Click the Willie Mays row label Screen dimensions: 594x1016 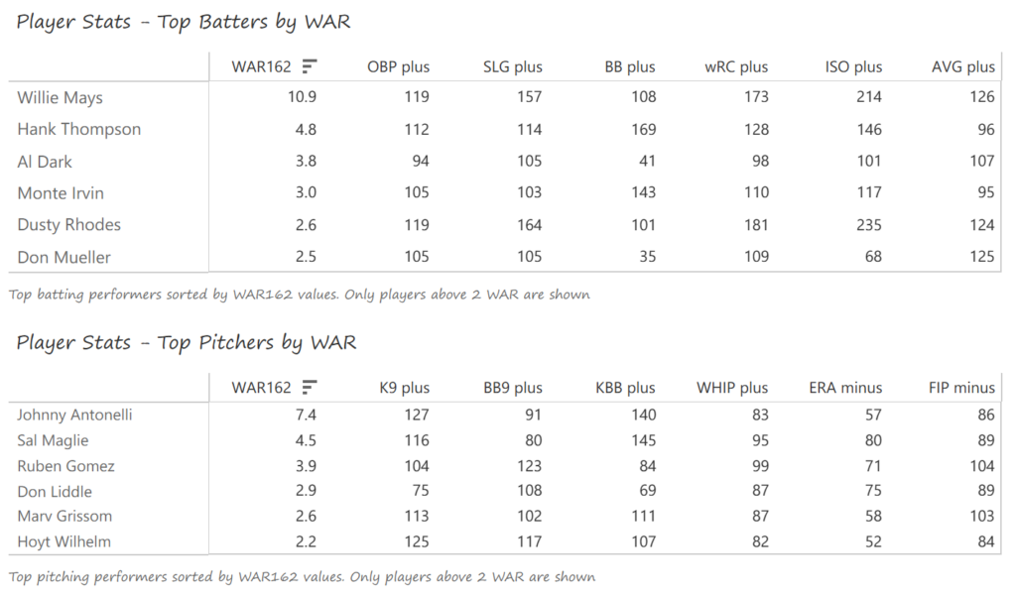[60, 98]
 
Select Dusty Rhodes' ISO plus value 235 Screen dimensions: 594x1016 [868, 225]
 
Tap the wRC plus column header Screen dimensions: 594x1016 [739, 67]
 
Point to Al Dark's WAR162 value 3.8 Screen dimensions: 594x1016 [303, 162]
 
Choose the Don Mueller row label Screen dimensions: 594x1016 [64, 258]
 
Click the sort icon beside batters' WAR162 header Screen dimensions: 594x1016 [310, 66]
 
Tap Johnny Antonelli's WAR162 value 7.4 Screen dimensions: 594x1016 [303, 416]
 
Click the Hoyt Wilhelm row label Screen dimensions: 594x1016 [64, 541]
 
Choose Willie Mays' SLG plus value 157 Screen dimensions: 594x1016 [528, 98]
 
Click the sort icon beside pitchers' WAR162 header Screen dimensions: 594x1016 [310, 387]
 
